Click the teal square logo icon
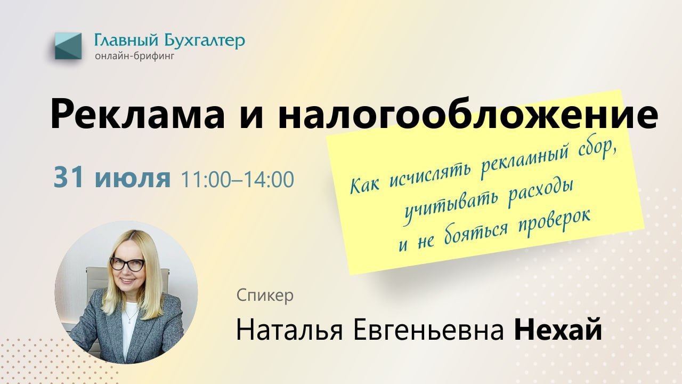point(68,46)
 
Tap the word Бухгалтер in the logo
point(205,41)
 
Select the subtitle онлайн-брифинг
point(135,57)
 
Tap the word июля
point(133,180)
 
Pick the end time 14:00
point(269,179)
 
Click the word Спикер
point(265,295)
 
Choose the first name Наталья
point(289,330)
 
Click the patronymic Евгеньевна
point(428,330)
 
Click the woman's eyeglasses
point(127,264)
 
